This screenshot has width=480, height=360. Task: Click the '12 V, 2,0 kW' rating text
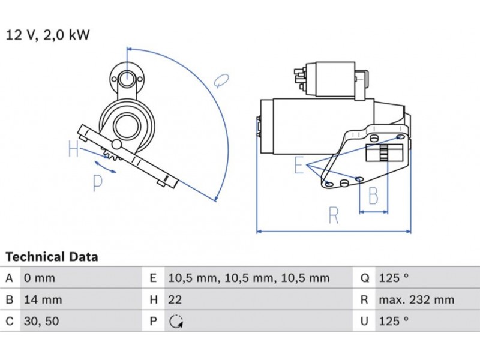coord(47,35)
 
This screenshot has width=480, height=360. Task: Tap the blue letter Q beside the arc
coord(221,80)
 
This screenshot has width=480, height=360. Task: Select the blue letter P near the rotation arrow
coord(98,182)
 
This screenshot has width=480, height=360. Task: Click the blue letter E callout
coord(299,165)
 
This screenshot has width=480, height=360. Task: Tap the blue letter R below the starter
coord(334,215)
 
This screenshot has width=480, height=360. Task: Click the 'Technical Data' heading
coord(52,257)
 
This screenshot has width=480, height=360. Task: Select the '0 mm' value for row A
coord(39,278)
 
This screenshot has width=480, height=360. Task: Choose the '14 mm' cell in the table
coord(42,299)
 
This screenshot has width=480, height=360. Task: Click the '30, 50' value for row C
coord(41,321)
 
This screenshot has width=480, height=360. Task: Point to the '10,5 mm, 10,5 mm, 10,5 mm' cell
coord(248,278)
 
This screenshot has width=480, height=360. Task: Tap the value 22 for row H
coord(175,299)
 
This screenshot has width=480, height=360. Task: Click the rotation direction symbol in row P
coord(175,322)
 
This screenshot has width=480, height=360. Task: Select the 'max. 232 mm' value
coord(416,299)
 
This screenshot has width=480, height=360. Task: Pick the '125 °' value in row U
coord(393,321)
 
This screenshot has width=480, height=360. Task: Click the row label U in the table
coord(364,321)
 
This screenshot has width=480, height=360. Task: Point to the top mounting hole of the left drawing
coord(127,78)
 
